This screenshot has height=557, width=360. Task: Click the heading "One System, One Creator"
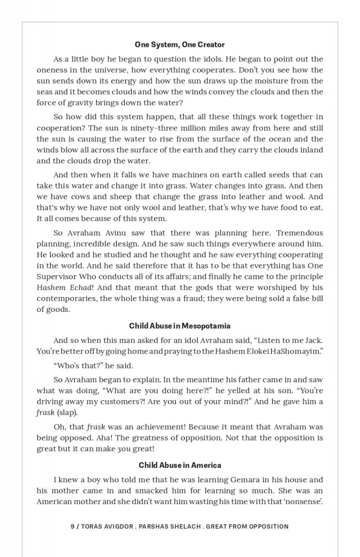coord(180,45)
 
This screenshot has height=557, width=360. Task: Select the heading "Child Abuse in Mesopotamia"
coord(180,326)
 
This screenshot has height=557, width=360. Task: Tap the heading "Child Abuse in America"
coord(180,465)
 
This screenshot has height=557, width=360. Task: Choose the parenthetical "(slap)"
coord(66,413)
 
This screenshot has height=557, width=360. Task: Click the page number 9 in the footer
coord(72,526)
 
